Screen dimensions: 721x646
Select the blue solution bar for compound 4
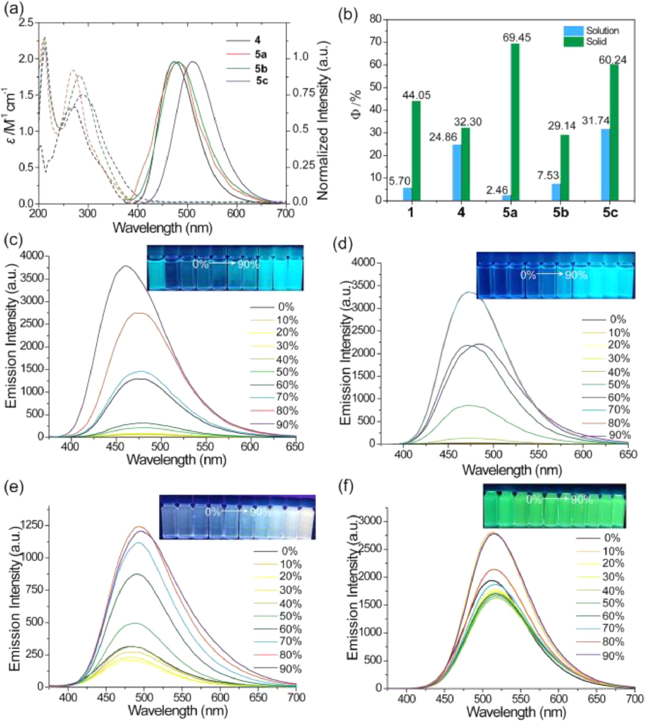click(456, 172)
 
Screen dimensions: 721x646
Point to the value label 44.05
click(416, 95)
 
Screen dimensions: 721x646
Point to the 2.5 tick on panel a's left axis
click(27, 23)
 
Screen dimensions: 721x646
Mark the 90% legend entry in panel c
click(287, 425)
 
